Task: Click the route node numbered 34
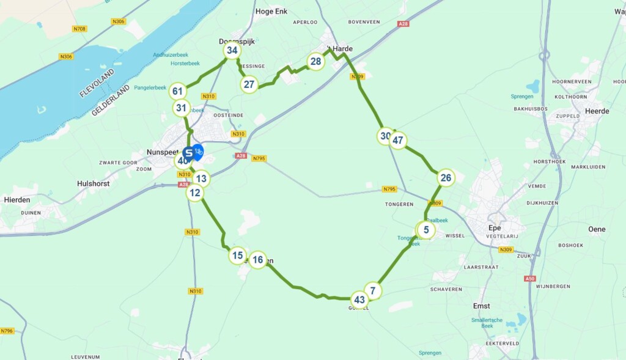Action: pyautogui.click(x=232, y=50)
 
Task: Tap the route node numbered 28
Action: pyautogui.click(x=315, y=61)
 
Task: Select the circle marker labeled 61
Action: pyautogui.click(x=178, y=92)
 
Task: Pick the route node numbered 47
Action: pyautogui.click(x=398, y=141)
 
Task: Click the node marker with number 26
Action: pyautogui.click(x=446, y=178)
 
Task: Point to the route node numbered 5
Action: pyautogui.click(x=426, y=230)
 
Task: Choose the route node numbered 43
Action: pyautogui.click(x=359, y=299)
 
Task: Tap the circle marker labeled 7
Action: pyautogui.click(x=373, y=290)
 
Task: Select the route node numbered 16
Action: pyautogui.click(x=258, y=260)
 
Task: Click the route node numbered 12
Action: pyautogui.click(x=195, y=193)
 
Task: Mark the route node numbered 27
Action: pyautogui.click(x=249, y=84)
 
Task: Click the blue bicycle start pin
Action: pyautogui.click(x=198, y=150)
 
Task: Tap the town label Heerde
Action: pyautogui.click(x=597, y=111)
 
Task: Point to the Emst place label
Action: pyautogui.click(x=482, y=306)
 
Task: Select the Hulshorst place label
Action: pyautogui.click(x=92, y=183)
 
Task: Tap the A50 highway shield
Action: pyautogui.click(x=529, y=278)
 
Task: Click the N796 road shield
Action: pyautogui.click(x=7, y=331)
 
